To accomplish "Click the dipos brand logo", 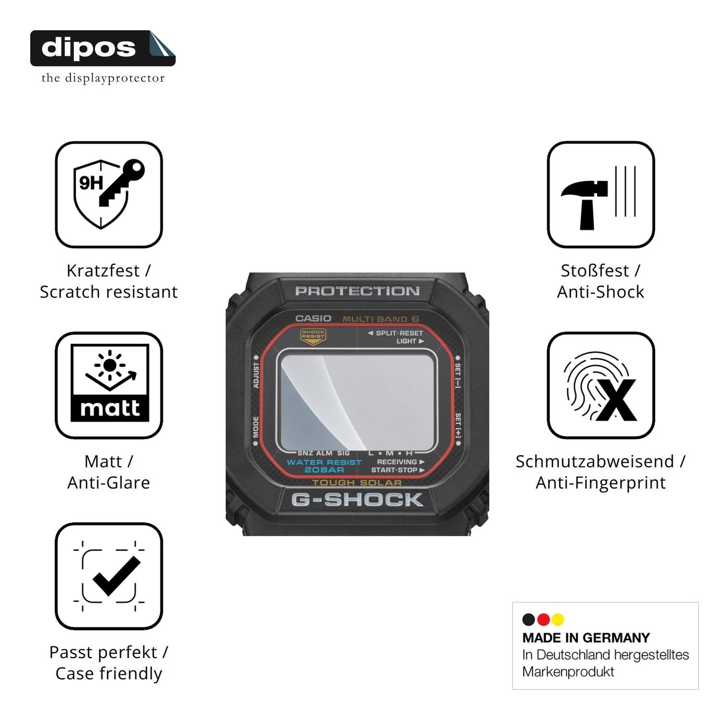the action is [x=103, y=48].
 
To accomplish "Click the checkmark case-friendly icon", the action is [x=109, y=576].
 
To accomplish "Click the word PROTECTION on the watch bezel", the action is [x=357, y=291].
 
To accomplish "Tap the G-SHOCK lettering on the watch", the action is [x=357, y=500].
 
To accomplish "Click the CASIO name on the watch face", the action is [x=313, y=318].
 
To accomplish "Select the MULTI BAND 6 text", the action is [x=381, y=319].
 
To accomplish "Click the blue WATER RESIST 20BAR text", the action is [x=324, y=466].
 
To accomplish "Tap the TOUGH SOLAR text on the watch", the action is [x=357, y=482].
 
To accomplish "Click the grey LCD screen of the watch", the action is [x=357, y=400].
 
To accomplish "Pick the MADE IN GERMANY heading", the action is [x=586, y=638].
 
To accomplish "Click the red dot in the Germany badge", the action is [x=543, y=620].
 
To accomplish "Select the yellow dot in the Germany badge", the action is [x=558, y=620].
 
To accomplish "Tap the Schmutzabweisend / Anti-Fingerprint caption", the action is [x=601, y=472].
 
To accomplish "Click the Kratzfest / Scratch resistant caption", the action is [x=109, y=281].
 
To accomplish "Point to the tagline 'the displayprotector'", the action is [x=103, y=78].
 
